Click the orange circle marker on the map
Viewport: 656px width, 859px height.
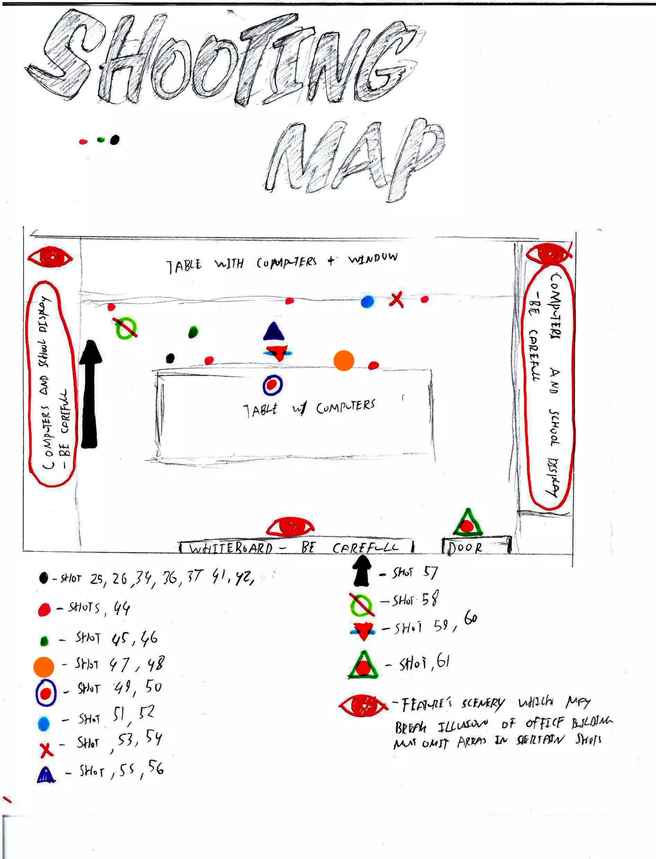[344, 360]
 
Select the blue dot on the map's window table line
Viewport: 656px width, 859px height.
[367, 301]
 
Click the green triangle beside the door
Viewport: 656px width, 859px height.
[467, 523]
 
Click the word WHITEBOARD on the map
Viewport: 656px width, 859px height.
[231, 549]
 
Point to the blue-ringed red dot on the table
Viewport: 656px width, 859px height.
[273, 385]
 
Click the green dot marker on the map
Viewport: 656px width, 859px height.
[193, 332]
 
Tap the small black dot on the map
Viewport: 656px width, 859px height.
[170, 358]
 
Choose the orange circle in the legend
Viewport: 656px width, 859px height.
[44, 667]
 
